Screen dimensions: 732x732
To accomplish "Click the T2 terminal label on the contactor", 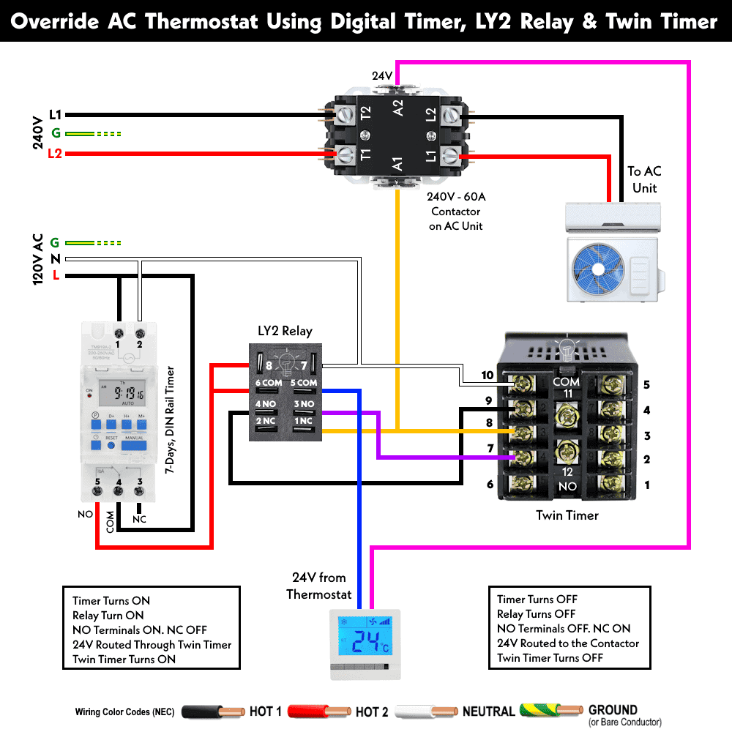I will click(366, 113).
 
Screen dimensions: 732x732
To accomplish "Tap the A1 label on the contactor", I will click(397, 163).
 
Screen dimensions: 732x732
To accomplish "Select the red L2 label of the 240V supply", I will click(55, 154).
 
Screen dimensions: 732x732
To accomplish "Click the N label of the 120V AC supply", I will click(55, 259).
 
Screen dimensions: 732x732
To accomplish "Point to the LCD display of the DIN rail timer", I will click(119, 396).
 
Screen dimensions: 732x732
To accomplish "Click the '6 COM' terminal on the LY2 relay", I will click(269, 383).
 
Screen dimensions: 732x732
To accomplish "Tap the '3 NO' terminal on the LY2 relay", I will click(305, 403).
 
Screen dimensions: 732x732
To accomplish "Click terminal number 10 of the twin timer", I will click(488, 376).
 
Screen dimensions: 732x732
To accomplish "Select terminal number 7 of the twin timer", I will click(490, 448).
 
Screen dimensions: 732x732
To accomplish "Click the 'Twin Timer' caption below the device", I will click(567, 515).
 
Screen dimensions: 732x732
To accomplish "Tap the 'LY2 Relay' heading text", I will click(285, 331).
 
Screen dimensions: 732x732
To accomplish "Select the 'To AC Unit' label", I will click(644, 179).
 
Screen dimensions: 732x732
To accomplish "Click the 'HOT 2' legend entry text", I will click(372, 712).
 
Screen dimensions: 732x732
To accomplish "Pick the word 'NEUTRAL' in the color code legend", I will click(488, 712).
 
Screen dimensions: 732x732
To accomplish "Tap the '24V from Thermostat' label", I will click(319, 586).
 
